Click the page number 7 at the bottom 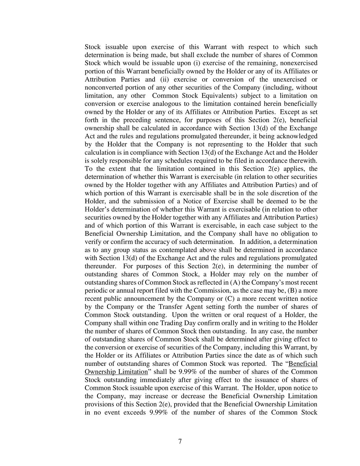(180, 441)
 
